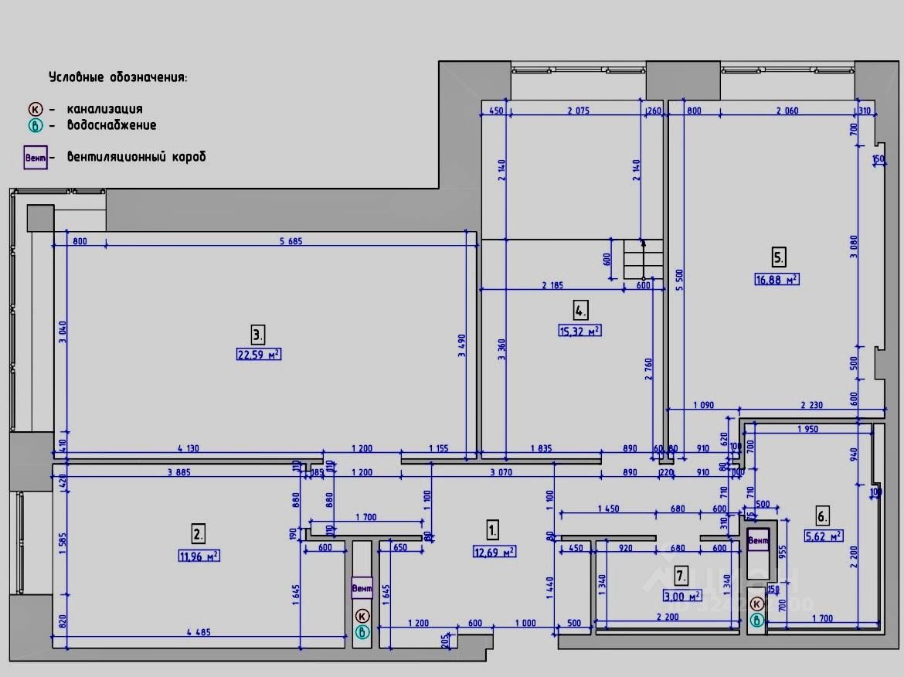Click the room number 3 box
[x=258, y=335]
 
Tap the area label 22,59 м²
[x=258, y=355]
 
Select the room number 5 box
[x=779, y=257]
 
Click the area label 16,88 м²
[x=777, y=279]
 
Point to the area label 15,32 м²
[x=579, y=331]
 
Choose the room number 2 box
[x=199, y=533]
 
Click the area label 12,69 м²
[x=494, y=552]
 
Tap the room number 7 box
[x=681, y=575]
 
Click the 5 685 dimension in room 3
[x=291, y=241]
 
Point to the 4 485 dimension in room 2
[x=198, y=632]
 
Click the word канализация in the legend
[x=104, y=109]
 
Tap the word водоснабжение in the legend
[x=111, y=125]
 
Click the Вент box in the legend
[x=36, y=158]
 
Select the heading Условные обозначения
[x=117, y=77]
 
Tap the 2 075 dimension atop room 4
[x=578, y=111]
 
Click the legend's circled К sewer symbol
[x=35, y=109]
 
